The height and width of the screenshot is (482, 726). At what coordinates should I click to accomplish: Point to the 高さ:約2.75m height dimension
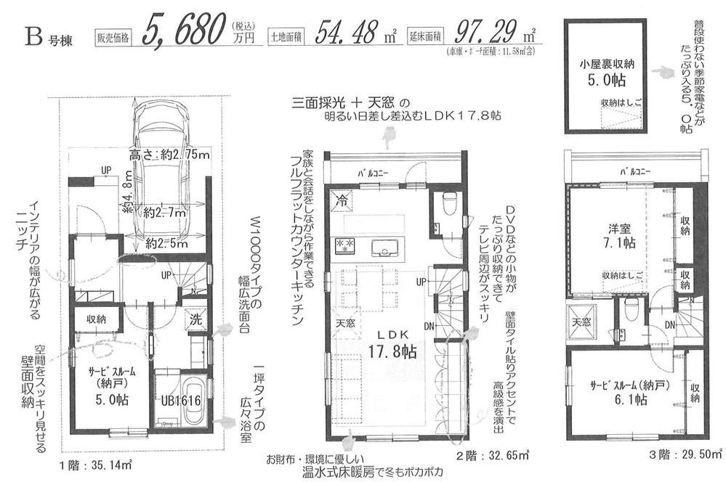(169, 155)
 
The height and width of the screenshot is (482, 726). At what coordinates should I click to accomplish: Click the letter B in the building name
(33, 34)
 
